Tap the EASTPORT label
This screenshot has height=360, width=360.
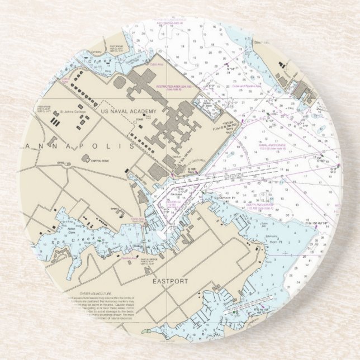[169, 281]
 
